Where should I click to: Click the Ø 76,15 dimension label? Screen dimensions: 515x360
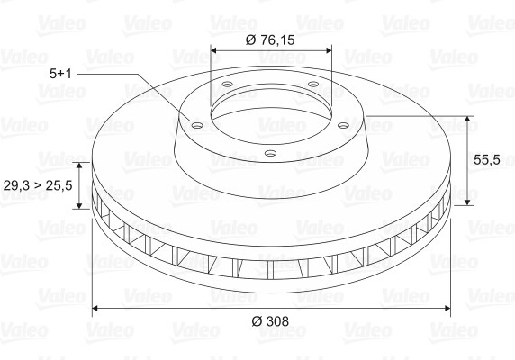click(x=270, y=40)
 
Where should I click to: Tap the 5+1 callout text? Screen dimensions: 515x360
click(x=60, y=74)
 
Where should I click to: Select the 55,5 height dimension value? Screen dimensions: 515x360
click(x=487, y=160)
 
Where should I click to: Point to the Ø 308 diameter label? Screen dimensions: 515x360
click(x=270, y=321)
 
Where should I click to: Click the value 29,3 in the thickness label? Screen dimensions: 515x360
click(x=16, y=185)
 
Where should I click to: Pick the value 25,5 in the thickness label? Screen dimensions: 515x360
click(x=59, y=185)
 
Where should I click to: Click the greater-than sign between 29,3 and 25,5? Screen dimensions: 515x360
click(x=38, y=186)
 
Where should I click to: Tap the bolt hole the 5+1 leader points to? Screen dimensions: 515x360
click(x=197, y=125)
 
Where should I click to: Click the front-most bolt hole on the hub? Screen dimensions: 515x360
click(x=270, y=153)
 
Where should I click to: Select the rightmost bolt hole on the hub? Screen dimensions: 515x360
click(x=344, y=125)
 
